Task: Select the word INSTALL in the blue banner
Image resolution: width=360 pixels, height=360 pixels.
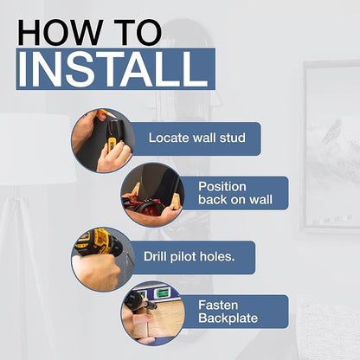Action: pyautogui.click(x=113, y=69)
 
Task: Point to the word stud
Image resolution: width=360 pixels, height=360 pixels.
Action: pyautogui.click(x=233, y=138)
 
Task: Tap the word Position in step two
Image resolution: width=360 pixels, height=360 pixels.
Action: pyautogui.click(x=222, y=187)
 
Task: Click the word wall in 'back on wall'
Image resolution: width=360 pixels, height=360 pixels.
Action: pyautogui.click(x=260, y=200)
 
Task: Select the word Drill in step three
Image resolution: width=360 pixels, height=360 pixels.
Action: pyautogui.click(x=155, y=256)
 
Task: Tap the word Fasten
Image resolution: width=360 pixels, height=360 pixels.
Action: pyautogui.click(x=218, y=305)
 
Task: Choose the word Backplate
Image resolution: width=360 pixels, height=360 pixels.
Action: pyautogui.click(x=228, y=318)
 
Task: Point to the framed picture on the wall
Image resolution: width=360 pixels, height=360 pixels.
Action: pyautogui.click(x=331, y=145)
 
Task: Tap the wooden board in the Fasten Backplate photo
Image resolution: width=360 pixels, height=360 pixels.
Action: pyautogui.click(x=162, y=320)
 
